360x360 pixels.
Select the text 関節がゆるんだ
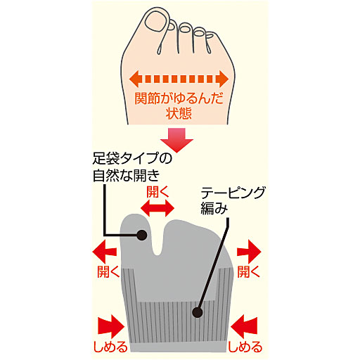click(180, 96)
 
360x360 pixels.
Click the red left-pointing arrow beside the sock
click(105, 250)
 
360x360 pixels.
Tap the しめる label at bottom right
click(246, 347)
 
